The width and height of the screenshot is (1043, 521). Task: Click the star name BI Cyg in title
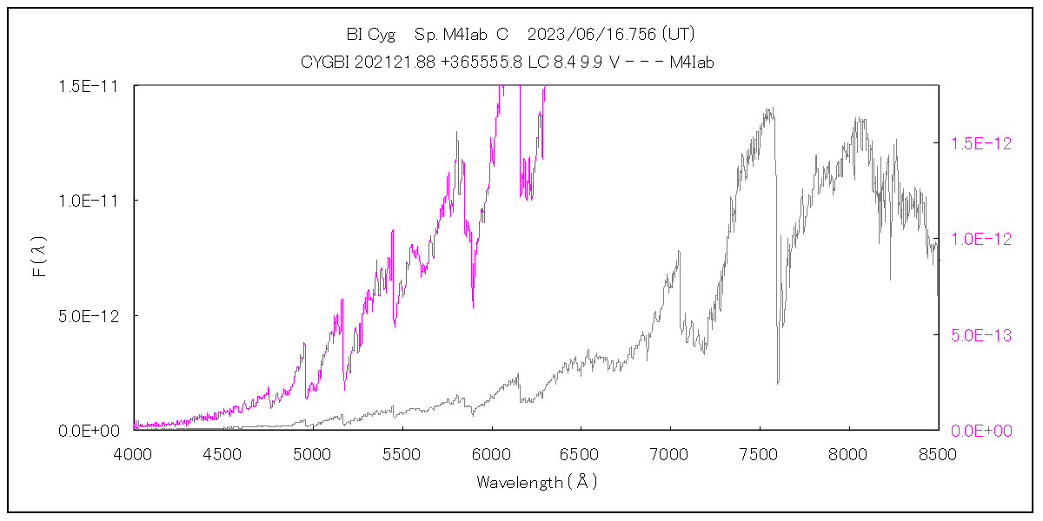click(370, 35)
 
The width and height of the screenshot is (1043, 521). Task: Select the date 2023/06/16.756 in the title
click(595, 35)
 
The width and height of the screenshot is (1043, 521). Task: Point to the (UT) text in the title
click(677, 35)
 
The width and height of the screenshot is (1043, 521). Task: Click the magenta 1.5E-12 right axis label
click(980, 143)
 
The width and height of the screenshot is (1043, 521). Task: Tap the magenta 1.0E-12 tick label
click(980, 239)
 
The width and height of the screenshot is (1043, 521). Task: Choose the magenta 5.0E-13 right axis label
click(980, 335)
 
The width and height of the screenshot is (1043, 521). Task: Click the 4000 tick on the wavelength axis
click(133, 453)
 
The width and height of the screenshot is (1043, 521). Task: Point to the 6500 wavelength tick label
click(580, 453)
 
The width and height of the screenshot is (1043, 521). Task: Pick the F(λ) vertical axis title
click(39, 258)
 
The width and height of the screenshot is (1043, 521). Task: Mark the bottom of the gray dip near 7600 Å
click(777, 382)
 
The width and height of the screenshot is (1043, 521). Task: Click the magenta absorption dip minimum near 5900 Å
click(473, 307)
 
